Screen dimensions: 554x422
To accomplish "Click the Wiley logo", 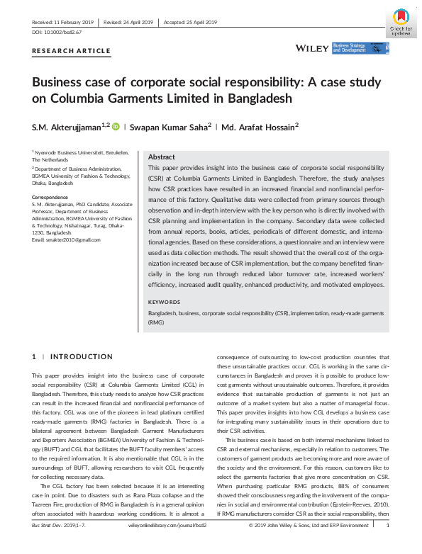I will [x=311, y=49].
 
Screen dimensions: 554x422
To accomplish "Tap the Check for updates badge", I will [x=400, y=22].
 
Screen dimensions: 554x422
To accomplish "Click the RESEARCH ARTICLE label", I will [x=71, y=51].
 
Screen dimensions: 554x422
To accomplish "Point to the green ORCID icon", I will [x=116, y=126].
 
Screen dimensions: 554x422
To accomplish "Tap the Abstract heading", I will [x=161, y=157].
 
